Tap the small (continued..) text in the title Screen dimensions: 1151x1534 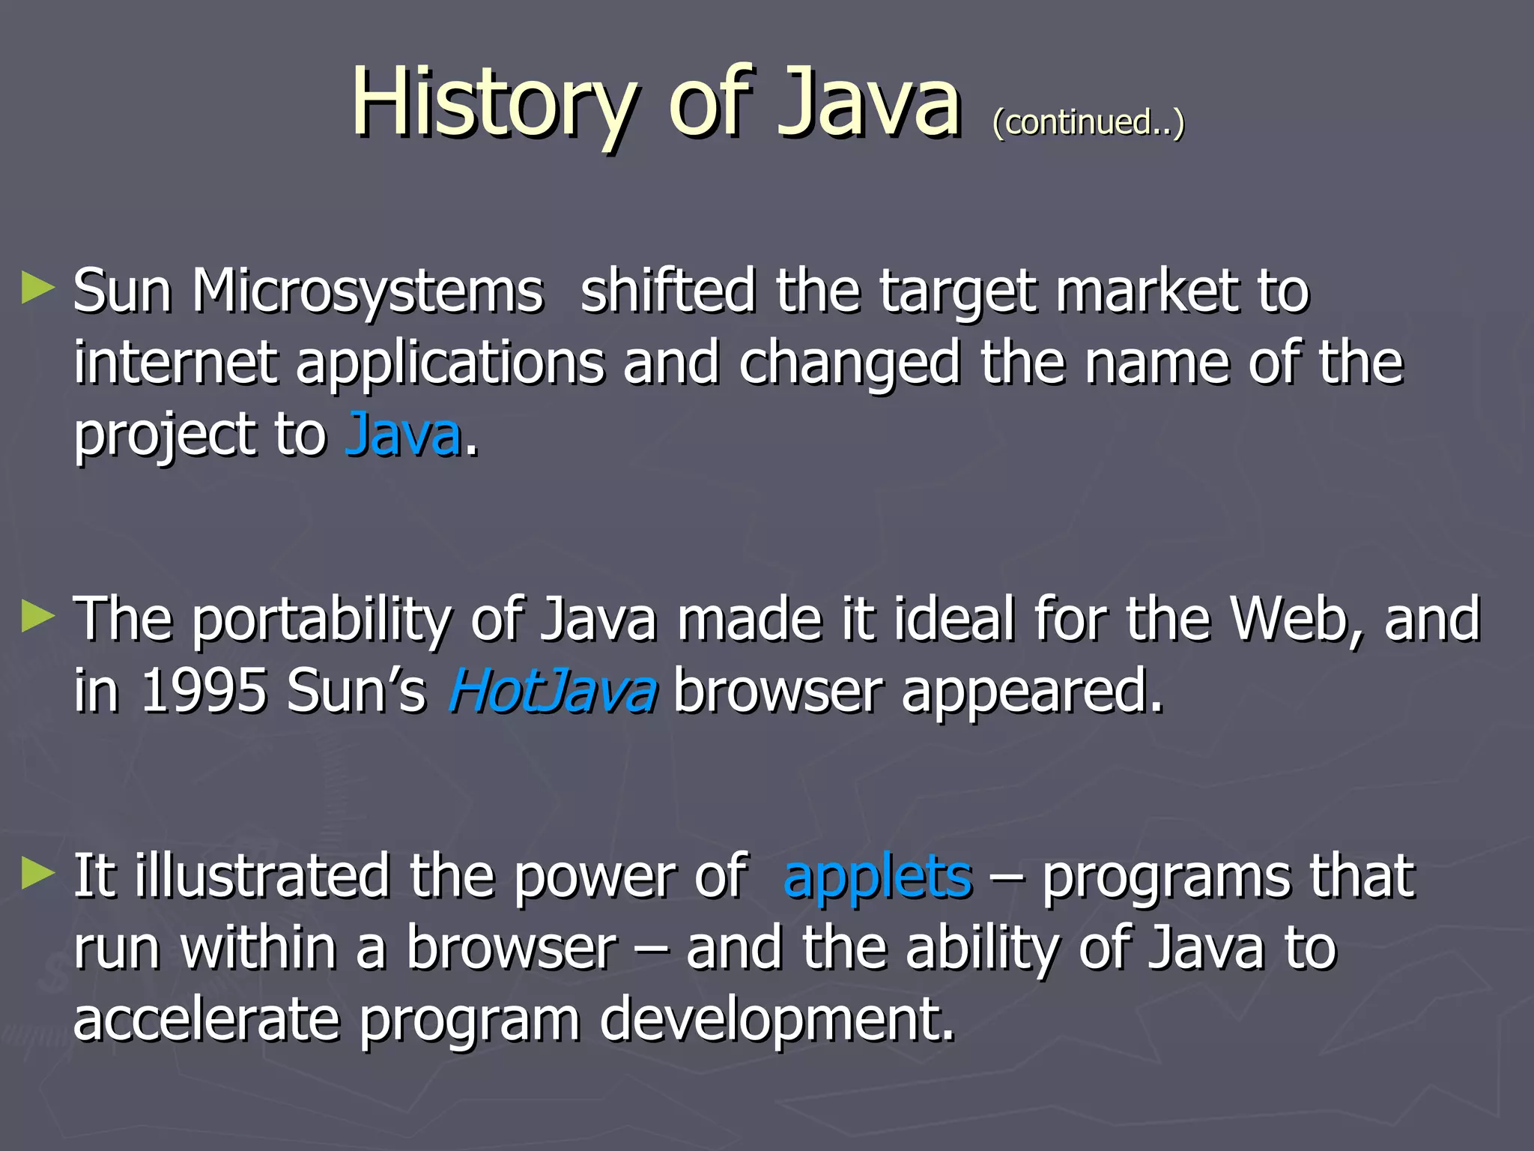click(x=1088, y=122)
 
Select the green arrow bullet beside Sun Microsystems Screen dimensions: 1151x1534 click(x=38, y=288)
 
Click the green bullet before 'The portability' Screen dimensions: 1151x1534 click(x=38, y=617)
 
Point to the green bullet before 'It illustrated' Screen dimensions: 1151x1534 click(x=38, y=874)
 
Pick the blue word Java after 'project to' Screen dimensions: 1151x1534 click(x=403, y=435)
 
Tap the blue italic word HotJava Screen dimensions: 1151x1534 click(x=553, y=691)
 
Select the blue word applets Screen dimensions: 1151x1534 click(x=878, y=876)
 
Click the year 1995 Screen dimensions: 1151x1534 click(x=204, y=691)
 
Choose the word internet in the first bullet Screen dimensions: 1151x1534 click(x=176, y=363)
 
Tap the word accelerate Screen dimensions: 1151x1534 click(x=207, y=1020)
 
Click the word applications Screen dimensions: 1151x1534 click(x=449, y=364)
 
